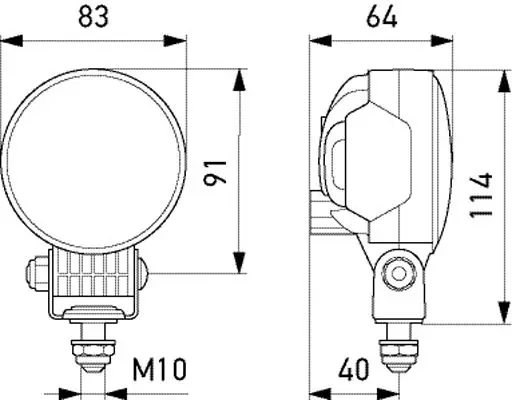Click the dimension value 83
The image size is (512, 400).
click(93, 17)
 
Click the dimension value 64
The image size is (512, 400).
click(382, 17)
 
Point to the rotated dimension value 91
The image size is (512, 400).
click(215, 172)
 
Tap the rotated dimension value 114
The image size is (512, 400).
click(481, 195)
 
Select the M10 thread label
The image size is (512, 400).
click(159, 369)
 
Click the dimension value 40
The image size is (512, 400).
click(354, 369)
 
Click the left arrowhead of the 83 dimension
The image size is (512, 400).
click(12, 41)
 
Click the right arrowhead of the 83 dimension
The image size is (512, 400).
click(175, 41)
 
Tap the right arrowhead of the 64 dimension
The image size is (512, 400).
click(442, 41)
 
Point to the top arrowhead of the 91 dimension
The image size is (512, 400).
click(239, 80)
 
